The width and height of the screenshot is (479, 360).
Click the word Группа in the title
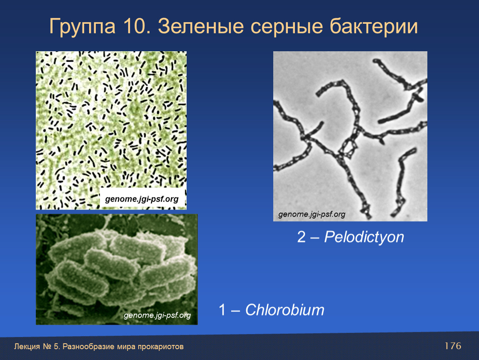(82, 27)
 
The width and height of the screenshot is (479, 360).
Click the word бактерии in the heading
(374, 27)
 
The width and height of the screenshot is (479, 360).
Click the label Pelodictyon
(364, 237)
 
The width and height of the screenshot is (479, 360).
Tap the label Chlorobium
(284, 310)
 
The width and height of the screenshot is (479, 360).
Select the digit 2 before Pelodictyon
(301, 237)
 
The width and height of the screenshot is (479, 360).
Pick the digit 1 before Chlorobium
(222, 310)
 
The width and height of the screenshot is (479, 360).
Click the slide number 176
(453, 346)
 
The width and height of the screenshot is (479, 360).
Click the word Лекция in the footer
(27, 347)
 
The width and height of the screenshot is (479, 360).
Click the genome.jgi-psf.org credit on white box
(142, 199)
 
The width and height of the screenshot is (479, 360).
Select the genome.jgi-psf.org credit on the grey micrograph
(312, 214)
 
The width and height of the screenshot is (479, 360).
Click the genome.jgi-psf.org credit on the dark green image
(157, 315)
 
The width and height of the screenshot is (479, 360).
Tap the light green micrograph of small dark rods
(111, 130)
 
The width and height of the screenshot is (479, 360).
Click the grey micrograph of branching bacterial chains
(350, 136)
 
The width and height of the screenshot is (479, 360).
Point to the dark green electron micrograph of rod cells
(117, 269)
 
